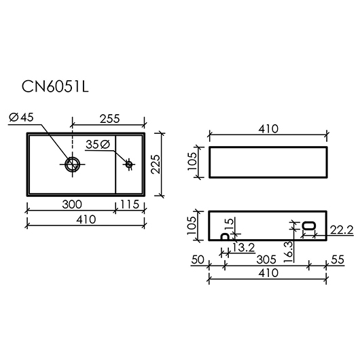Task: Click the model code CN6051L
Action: [55, 87]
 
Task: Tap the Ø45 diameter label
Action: [21, 118]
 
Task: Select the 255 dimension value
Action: [110, 119]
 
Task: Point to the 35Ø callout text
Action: [98, 145]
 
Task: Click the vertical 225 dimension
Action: [156, 164]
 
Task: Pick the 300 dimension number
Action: [72, 204]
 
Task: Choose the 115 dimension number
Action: [130, 204]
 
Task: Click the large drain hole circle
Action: [72, 164]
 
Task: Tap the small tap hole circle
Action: [129, 164]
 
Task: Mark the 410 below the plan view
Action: [86, 219]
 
